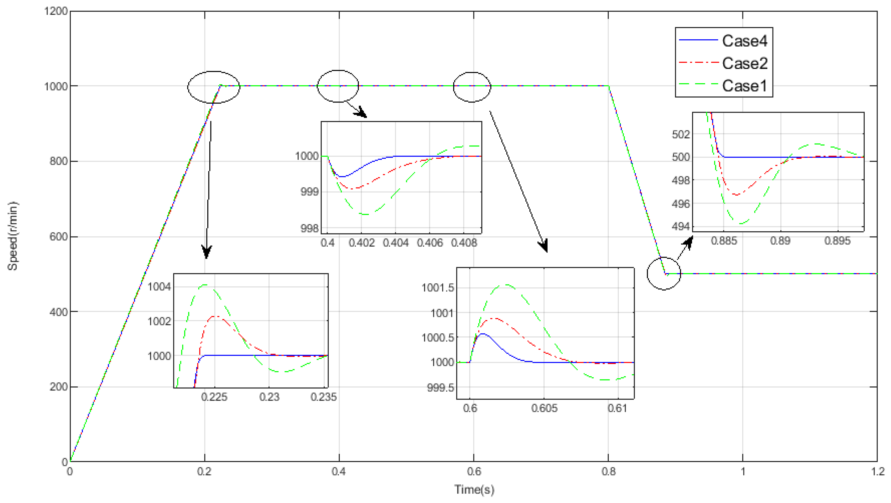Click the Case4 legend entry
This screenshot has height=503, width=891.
click(x=744, y=41)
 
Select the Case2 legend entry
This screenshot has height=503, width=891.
click(x=744, y=63)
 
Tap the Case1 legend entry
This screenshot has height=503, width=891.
click(x=744, y=86)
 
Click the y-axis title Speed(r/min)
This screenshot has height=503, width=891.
click(x=13, y=236)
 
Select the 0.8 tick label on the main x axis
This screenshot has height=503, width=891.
click(x=608, y=471)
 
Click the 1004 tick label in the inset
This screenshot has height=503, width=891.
click(x=159, y=287)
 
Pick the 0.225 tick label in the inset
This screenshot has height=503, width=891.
click(x=214, y=397)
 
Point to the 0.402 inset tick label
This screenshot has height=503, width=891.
click(x=361, y=243)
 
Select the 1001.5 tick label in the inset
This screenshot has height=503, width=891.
click(x=438, y=288)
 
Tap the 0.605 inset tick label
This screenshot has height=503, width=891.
click(x=544, y=408)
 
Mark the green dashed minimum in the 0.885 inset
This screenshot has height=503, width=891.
click(x=741, y=224)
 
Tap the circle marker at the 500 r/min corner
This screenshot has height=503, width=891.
click(x=664, y=274)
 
